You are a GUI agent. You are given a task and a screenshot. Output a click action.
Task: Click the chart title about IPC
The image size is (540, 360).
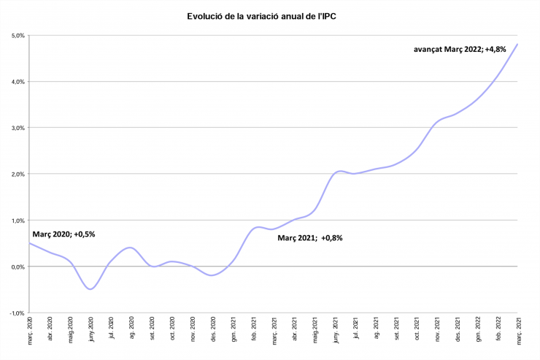pyautogui.click(x=270, y=15)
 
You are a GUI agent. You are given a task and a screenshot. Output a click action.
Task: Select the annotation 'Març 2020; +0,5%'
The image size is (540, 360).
pyautogui.click(x=64, y=234)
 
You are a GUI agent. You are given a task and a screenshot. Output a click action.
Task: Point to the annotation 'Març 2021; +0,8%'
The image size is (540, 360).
pyautogui.click(x=310, y=237)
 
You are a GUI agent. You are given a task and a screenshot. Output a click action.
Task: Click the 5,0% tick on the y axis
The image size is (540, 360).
pyautogui.click(x=18, y=35)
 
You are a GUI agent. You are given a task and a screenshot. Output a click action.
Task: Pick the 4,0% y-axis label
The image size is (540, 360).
pyautogui.click(x=18, y=82)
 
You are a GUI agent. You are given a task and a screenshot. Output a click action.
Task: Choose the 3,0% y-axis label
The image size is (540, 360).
pyautogui.click(x=18, y=128)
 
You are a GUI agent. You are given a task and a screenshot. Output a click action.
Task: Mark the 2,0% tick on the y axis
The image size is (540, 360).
pyautogui.click(x=18, y=174)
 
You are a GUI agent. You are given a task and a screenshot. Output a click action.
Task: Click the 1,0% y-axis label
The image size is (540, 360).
pyautogui.click(x=18, y=221)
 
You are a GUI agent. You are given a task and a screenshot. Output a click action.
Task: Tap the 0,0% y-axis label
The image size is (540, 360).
pyautogui.click(x=18, y=267)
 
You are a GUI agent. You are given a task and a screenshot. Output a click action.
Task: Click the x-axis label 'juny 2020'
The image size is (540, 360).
pyautogui.click(x=90, y=331)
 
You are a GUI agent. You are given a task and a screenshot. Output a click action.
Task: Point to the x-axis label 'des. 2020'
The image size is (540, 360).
pyautogui.click(x=213, y=331)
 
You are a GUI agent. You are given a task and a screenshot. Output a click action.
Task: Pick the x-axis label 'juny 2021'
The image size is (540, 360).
pyautogui.click(x=336, y=331)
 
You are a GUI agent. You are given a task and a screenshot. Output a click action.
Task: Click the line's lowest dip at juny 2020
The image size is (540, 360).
pyautogui.click(x=90, y=289)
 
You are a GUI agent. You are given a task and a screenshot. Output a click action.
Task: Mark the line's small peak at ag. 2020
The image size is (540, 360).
pyautogui.click(x=130, y=248)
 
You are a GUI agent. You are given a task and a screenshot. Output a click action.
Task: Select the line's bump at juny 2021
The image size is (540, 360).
pyautogui.click(x=339, y=171)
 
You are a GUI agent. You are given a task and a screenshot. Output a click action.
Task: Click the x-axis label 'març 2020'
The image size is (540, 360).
pyautogui.click(x=29, y=331)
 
